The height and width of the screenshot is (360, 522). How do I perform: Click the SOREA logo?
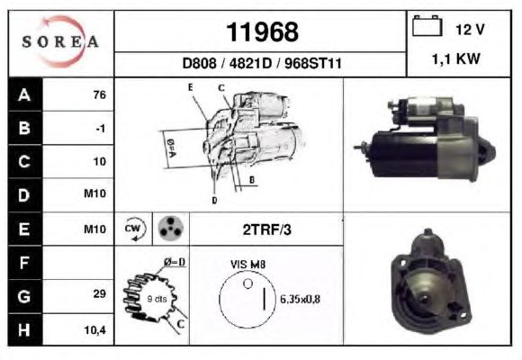(60, 41)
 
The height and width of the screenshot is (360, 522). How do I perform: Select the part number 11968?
(262, 32)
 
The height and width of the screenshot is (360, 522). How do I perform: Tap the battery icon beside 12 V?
(427, 25)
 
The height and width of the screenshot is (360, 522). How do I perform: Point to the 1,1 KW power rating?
(455, 58)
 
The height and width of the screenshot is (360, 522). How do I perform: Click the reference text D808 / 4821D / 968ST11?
(262, 63)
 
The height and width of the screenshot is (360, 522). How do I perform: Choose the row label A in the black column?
(24, 94)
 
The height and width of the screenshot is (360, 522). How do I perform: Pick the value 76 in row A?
(100, 94)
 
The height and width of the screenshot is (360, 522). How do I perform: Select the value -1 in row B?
(100, 128)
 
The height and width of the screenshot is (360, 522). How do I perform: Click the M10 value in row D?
(94, 193)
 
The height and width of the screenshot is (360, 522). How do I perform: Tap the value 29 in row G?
(100, 293)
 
